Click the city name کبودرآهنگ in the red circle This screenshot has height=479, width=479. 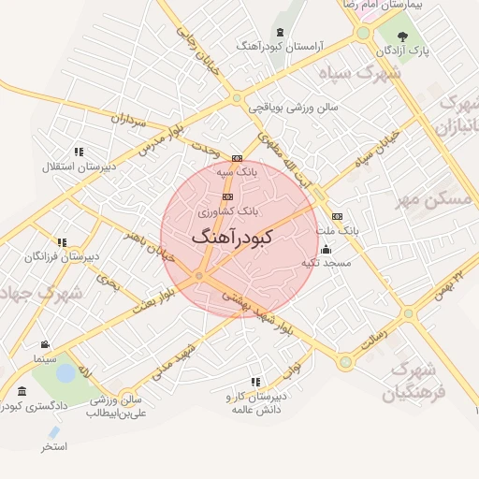coord(231,238)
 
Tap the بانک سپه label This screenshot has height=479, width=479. coord(236,172)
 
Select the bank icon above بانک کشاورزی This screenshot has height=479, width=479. coord(228,196)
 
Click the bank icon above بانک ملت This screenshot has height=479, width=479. coord(337,216)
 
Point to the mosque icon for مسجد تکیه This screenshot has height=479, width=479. coord(326,250)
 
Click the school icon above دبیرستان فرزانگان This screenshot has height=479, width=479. coord(62,242)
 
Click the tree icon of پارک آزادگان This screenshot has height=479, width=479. coord(402,36)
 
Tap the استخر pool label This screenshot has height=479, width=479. coord(53,448)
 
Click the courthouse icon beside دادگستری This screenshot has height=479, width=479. coord(22,391)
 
